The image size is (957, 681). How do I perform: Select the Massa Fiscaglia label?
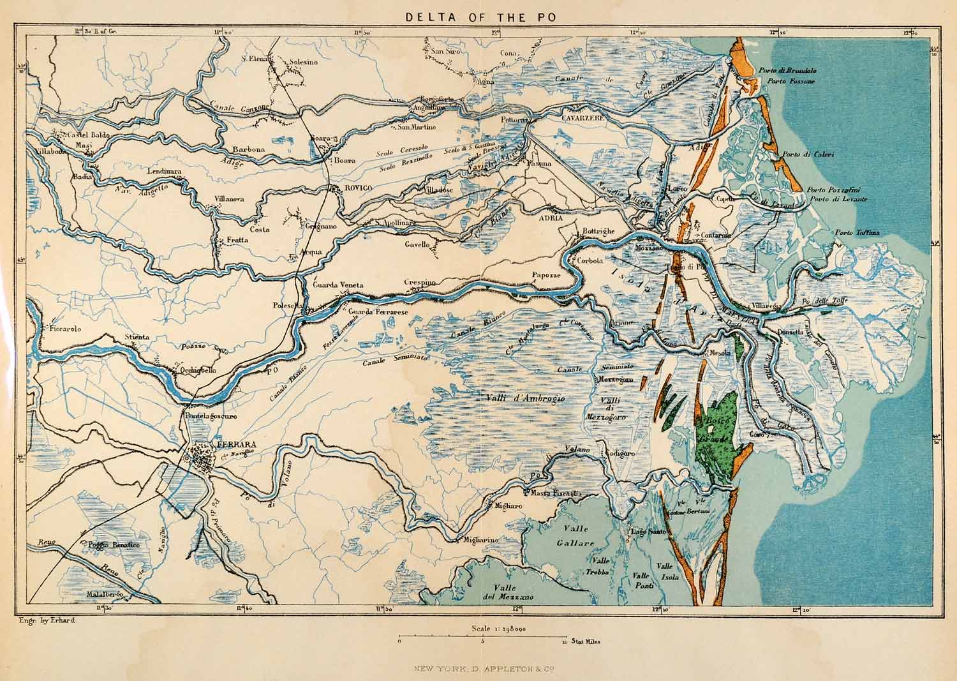(x=552, y=492)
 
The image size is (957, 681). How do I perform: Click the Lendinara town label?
(x=146, y=172)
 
